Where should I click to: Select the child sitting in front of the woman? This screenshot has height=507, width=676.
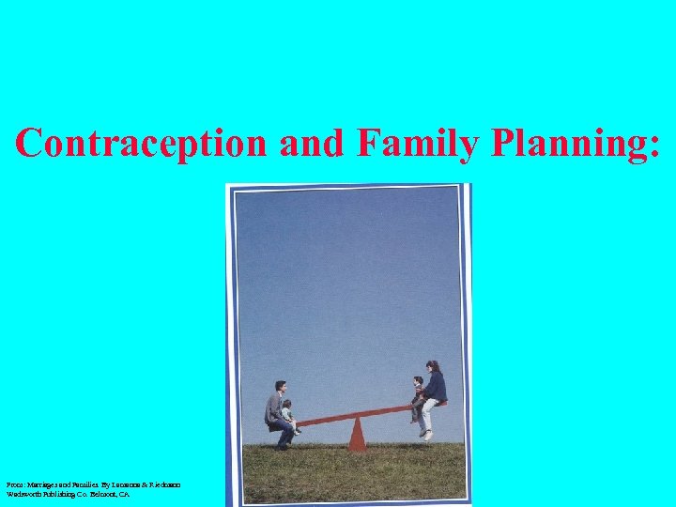417,396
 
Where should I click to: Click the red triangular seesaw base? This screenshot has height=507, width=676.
356,435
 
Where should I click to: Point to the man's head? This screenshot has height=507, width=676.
280,386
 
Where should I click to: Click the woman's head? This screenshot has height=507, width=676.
433,366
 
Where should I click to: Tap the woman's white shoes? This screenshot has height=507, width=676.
427,434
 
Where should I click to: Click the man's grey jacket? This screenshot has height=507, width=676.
273,407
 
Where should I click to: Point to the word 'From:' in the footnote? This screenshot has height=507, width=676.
12,484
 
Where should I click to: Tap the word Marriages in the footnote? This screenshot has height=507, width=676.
38,484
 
